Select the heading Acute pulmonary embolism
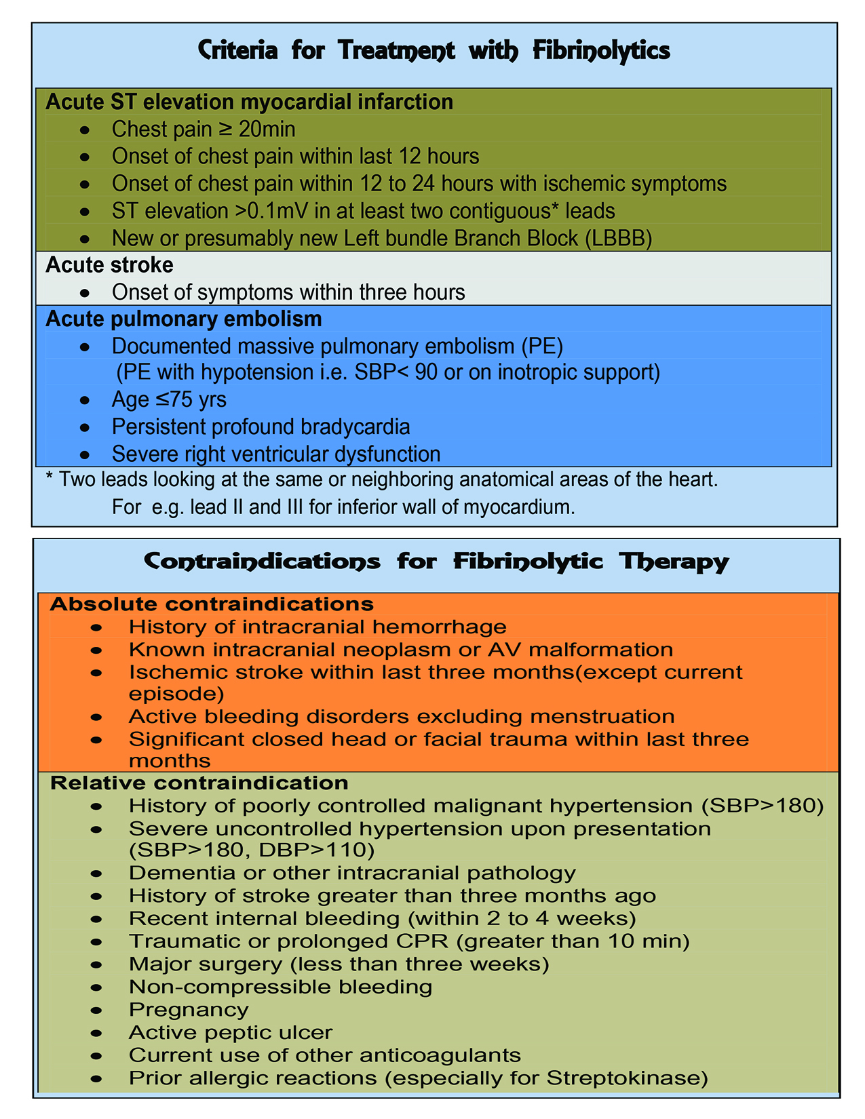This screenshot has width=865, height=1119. [x=183, y=319]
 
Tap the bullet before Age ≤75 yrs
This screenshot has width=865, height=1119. [x=83, y=400]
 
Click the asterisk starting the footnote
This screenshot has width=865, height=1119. [x=48, y=479]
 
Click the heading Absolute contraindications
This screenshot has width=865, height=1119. [x=212, y=604]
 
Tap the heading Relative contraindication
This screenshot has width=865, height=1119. [x=199, y=783]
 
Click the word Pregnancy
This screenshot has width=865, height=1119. [x=189, y=1009]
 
